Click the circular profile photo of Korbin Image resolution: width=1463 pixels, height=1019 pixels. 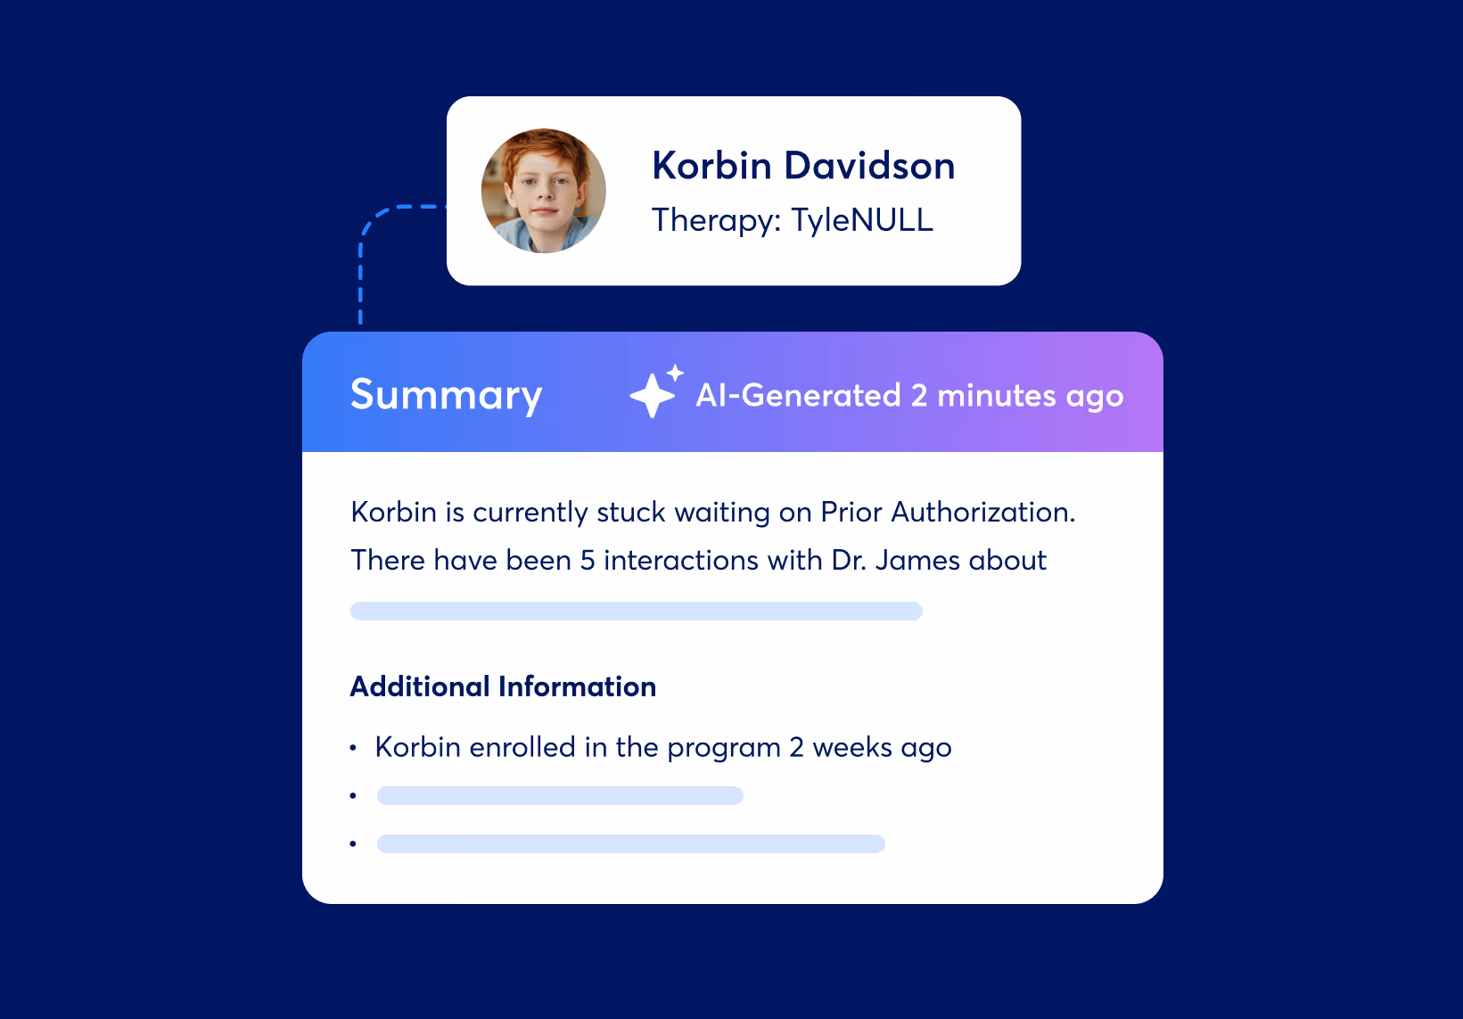click(544, 191)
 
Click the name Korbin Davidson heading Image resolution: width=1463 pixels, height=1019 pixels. click(803, 166)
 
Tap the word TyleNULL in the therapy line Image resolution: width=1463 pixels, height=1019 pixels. click(862, 220)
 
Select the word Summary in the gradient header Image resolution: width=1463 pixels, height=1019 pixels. click(446, 395)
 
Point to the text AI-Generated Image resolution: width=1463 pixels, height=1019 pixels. click(798, 395)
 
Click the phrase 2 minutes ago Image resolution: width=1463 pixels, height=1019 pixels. click(1016, 395)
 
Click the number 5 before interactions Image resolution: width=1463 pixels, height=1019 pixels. click(588, 561)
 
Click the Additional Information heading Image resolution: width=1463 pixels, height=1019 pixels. click(503, 686)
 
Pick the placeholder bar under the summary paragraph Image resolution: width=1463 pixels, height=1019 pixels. click(636, 611)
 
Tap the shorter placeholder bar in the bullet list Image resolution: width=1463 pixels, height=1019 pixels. click(560, 795)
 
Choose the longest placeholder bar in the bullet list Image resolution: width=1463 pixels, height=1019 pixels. click(630, 843)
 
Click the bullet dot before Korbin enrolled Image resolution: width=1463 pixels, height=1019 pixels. click(354, 748)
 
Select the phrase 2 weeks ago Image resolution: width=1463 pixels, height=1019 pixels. click(870, 748)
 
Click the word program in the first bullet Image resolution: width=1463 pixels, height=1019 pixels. click(723, 748)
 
